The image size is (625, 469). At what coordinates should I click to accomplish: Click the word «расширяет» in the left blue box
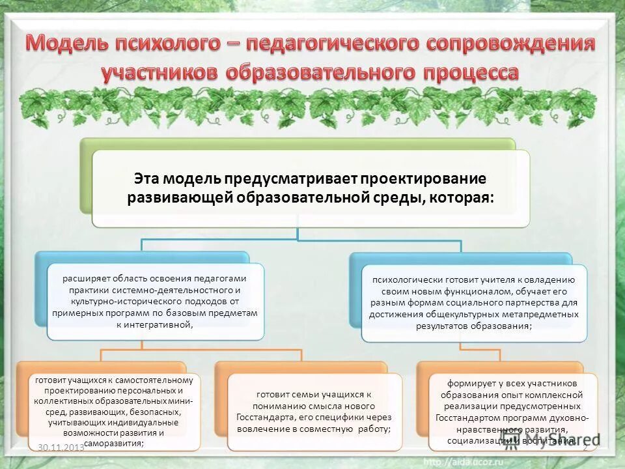click(x=85, y=278)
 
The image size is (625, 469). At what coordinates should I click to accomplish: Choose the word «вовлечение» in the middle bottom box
click(x=271, y=429)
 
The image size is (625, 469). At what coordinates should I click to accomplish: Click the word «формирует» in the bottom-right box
click(x=467, y=383)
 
